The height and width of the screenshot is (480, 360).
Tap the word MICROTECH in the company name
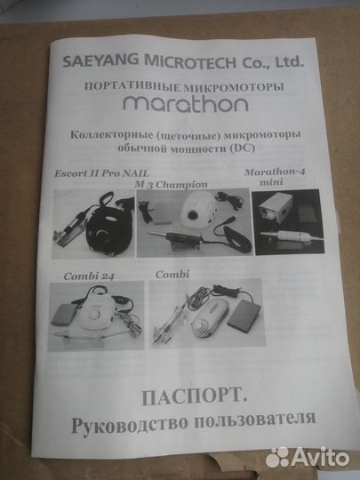189,65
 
